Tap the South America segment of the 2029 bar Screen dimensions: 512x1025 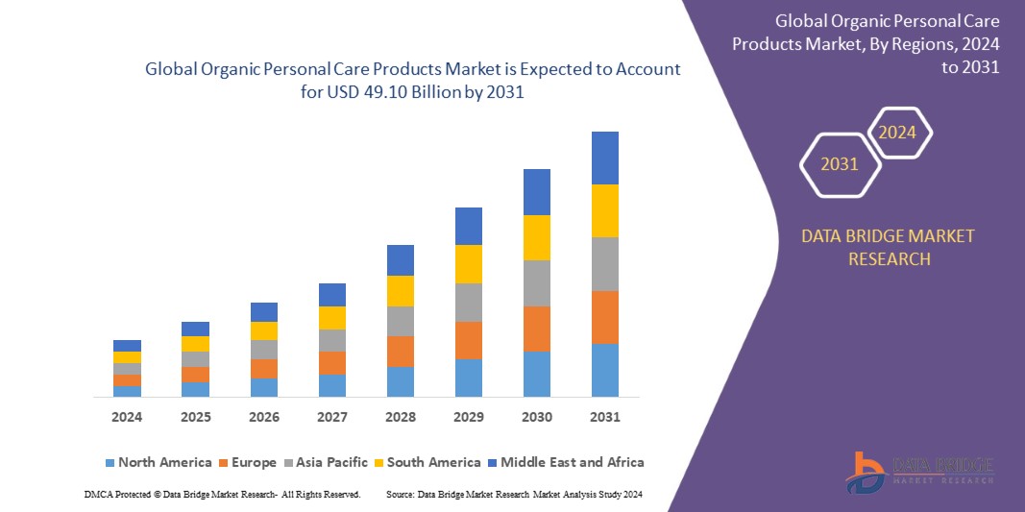click(469, 264)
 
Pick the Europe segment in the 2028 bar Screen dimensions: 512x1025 click(401, 352)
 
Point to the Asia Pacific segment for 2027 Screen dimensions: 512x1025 click(332, 340)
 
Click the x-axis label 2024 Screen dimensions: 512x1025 click(127, 418)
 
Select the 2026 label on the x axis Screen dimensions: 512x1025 click(264, 418)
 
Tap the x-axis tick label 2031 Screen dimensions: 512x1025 click(605, 418)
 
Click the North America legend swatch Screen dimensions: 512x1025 click(110, 463)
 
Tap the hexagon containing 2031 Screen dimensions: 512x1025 click(840, 164)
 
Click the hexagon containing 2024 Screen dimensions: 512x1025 click(898, 133)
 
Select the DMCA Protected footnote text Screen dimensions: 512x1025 click(222, 494)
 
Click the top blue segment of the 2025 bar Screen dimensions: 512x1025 click(195, 329)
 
